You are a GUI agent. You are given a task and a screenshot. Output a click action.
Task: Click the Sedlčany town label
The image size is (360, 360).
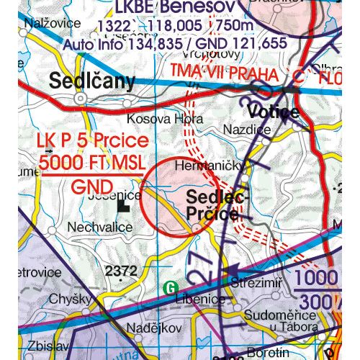(x=92, y=82)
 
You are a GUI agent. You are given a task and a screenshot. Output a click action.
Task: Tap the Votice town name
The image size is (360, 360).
(x=273, y=112)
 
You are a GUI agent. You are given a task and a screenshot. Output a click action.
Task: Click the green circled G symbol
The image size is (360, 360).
(x=170, y=286)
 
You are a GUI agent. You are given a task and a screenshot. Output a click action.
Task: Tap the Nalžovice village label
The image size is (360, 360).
(x=53, y=22)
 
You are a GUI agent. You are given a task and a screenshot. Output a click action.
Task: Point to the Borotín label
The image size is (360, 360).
(x=269, y=353)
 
